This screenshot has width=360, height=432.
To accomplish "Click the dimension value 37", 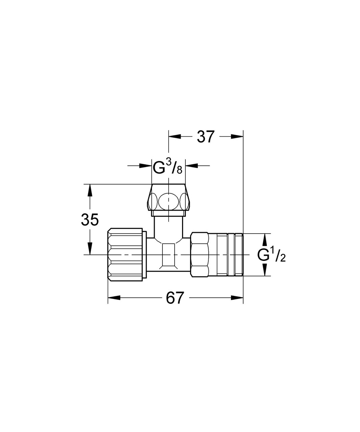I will [x=206, y=136].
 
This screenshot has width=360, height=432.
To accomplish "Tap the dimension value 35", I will [x=89, y=220].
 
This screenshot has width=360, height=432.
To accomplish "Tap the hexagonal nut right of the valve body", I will [x=199, y=254].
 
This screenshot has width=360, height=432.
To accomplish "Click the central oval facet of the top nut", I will [x=168, y=202].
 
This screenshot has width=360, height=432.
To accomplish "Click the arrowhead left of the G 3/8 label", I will [x=145, y=165].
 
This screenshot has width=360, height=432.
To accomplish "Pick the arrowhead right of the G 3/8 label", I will [x=191, y=165].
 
